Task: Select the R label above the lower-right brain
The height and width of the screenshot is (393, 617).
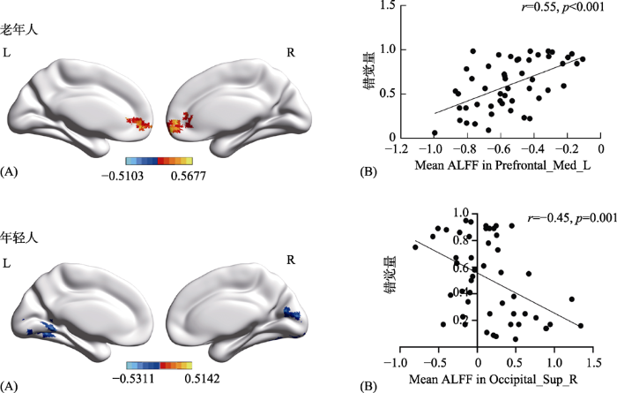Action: pos(291,260)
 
